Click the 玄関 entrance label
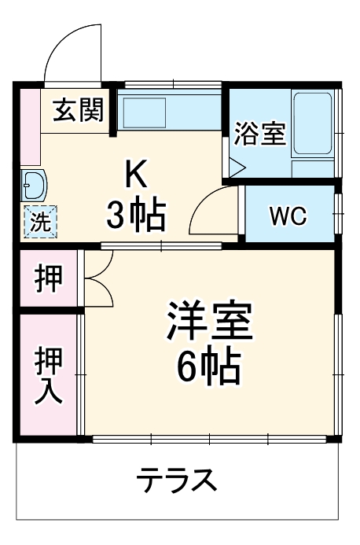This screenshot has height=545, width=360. pos(79,111)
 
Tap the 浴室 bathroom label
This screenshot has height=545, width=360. pos(259,133)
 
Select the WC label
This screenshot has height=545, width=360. pos(288,216)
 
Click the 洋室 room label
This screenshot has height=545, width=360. pos(208,321)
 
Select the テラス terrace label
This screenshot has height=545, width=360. pos(176,479)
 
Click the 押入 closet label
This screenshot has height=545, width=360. pos(48,376)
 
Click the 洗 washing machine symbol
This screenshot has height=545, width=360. pos(39,221)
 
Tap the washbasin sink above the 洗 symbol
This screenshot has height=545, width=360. pos(34,186)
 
